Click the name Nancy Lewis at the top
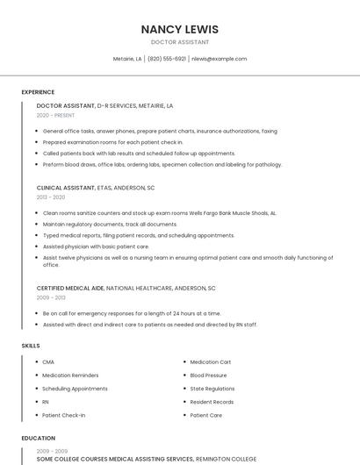point(180,29)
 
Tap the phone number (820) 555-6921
point(167,59)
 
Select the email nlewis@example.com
point(219,59)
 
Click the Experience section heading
point(38,92)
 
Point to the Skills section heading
point(31,346)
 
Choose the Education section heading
point(38,438)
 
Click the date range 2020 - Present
point(55,115)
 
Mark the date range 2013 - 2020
point(50,197)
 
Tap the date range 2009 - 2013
point(50,297)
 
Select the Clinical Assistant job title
point(65,188)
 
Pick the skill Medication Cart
point(211,361)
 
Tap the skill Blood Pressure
point(208,375)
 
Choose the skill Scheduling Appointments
point(75,388)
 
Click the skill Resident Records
point(212,401)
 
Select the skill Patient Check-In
point(64,415)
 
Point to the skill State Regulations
point(212,388)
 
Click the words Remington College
point(226,459)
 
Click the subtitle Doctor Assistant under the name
point(180,42)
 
